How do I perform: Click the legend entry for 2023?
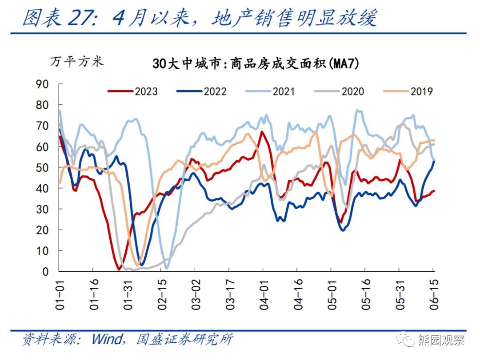(133, 91)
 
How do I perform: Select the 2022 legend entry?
(202, 91)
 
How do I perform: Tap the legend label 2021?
(271, 91)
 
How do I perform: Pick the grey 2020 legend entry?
(340, 91)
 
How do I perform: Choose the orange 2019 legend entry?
(408, 91)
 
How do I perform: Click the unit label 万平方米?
(76, 62)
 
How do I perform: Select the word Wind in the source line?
(106, 340)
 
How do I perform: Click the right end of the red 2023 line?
(434, 191)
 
